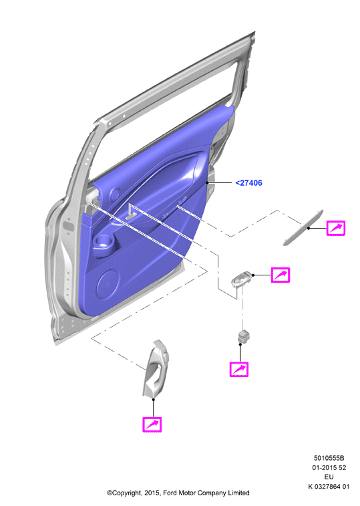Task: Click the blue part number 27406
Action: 248,183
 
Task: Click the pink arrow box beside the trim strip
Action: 336,228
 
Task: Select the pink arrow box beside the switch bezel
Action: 280,275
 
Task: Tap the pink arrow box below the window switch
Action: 239,369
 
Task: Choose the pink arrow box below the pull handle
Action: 152,424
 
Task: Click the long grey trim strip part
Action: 303,227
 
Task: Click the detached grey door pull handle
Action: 156,369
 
